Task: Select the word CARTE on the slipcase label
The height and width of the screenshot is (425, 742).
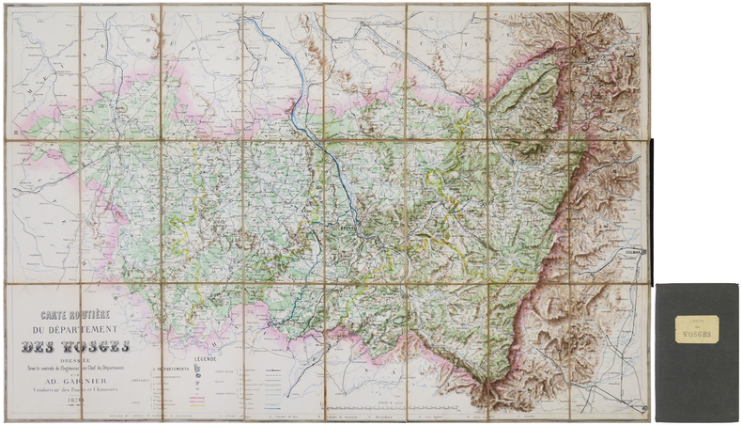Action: tap(696, 322)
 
